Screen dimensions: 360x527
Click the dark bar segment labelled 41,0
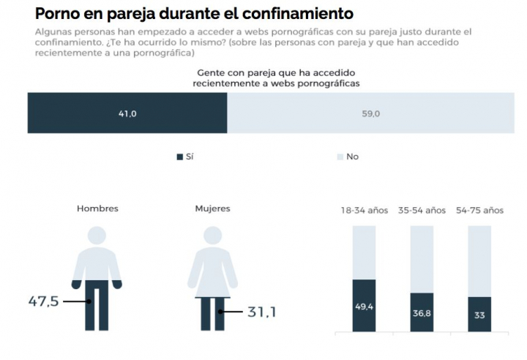128,113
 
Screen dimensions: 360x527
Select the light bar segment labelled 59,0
370,113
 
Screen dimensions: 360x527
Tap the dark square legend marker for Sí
180,157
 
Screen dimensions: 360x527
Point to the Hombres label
97,209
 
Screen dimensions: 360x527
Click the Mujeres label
212,209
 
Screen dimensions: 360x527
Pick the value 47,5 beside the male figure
43,301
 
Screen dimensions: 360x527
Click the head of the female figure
212,235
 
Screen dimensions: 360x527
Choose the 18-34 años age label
364,210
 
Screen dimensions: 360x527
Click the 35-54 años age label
421,210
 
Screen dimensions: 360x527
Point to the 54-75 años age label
479,210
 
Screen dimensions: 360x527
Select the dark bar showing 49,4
364,305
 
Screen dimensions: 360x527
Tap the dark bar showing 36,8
422,312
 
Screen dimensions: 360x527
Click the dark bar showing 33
479,314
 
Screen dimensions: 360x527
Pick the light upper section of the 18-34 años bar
364,252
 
